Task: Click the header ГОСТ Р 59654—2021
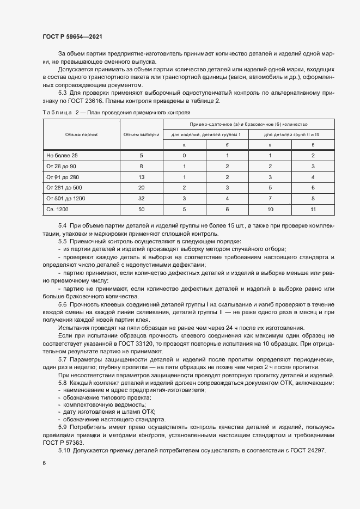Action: (72, 36)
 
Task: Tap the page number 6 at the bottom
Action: (44, 463)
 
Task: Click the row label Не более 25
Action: (63, 156)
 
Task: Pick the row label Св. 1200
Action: (58, 209)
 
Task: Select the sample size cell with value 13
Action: (141, 177)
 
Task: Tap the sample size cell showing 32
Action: (141, 198)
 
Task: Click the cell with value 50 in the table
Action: (141, 209)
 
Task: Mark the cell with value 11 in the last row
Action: (313, 209)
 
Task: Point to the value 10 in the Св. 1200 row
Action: (270, 209)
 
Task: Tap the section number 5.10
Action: (64, 451)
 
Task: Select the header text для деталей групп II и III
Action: (291, 134)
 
